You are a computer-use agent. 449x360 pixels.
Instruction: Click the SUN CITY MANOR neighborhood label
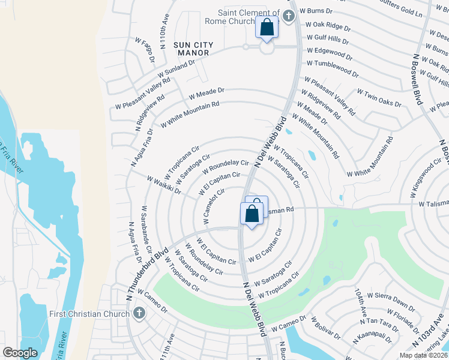[191, 49]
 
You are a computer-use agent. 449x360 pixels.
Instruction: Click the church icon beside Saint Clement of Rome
[289, 16]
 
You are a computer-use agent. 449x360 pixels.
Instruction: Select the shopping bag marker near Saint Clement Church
[267, 27]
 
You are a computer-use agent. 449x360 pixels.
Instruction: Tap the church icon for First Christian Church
[139, 313]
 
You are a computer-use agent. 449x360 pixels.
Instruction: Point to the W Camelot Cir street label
[214, 207]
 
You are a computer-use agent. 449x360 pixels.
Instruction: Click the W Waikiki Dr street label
[164, 185]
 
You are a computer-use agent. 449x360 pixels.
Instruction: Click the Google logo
[20, 352]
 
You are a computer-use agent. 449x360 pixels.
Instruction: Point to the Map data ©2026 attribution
[423, 355]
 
